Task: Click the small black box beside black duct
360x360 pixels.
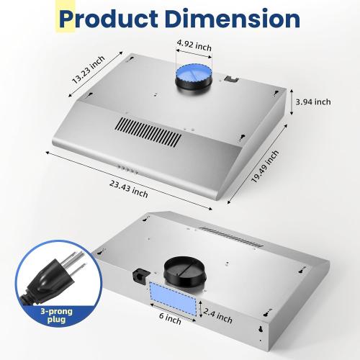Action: click(x=140, y=274)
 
